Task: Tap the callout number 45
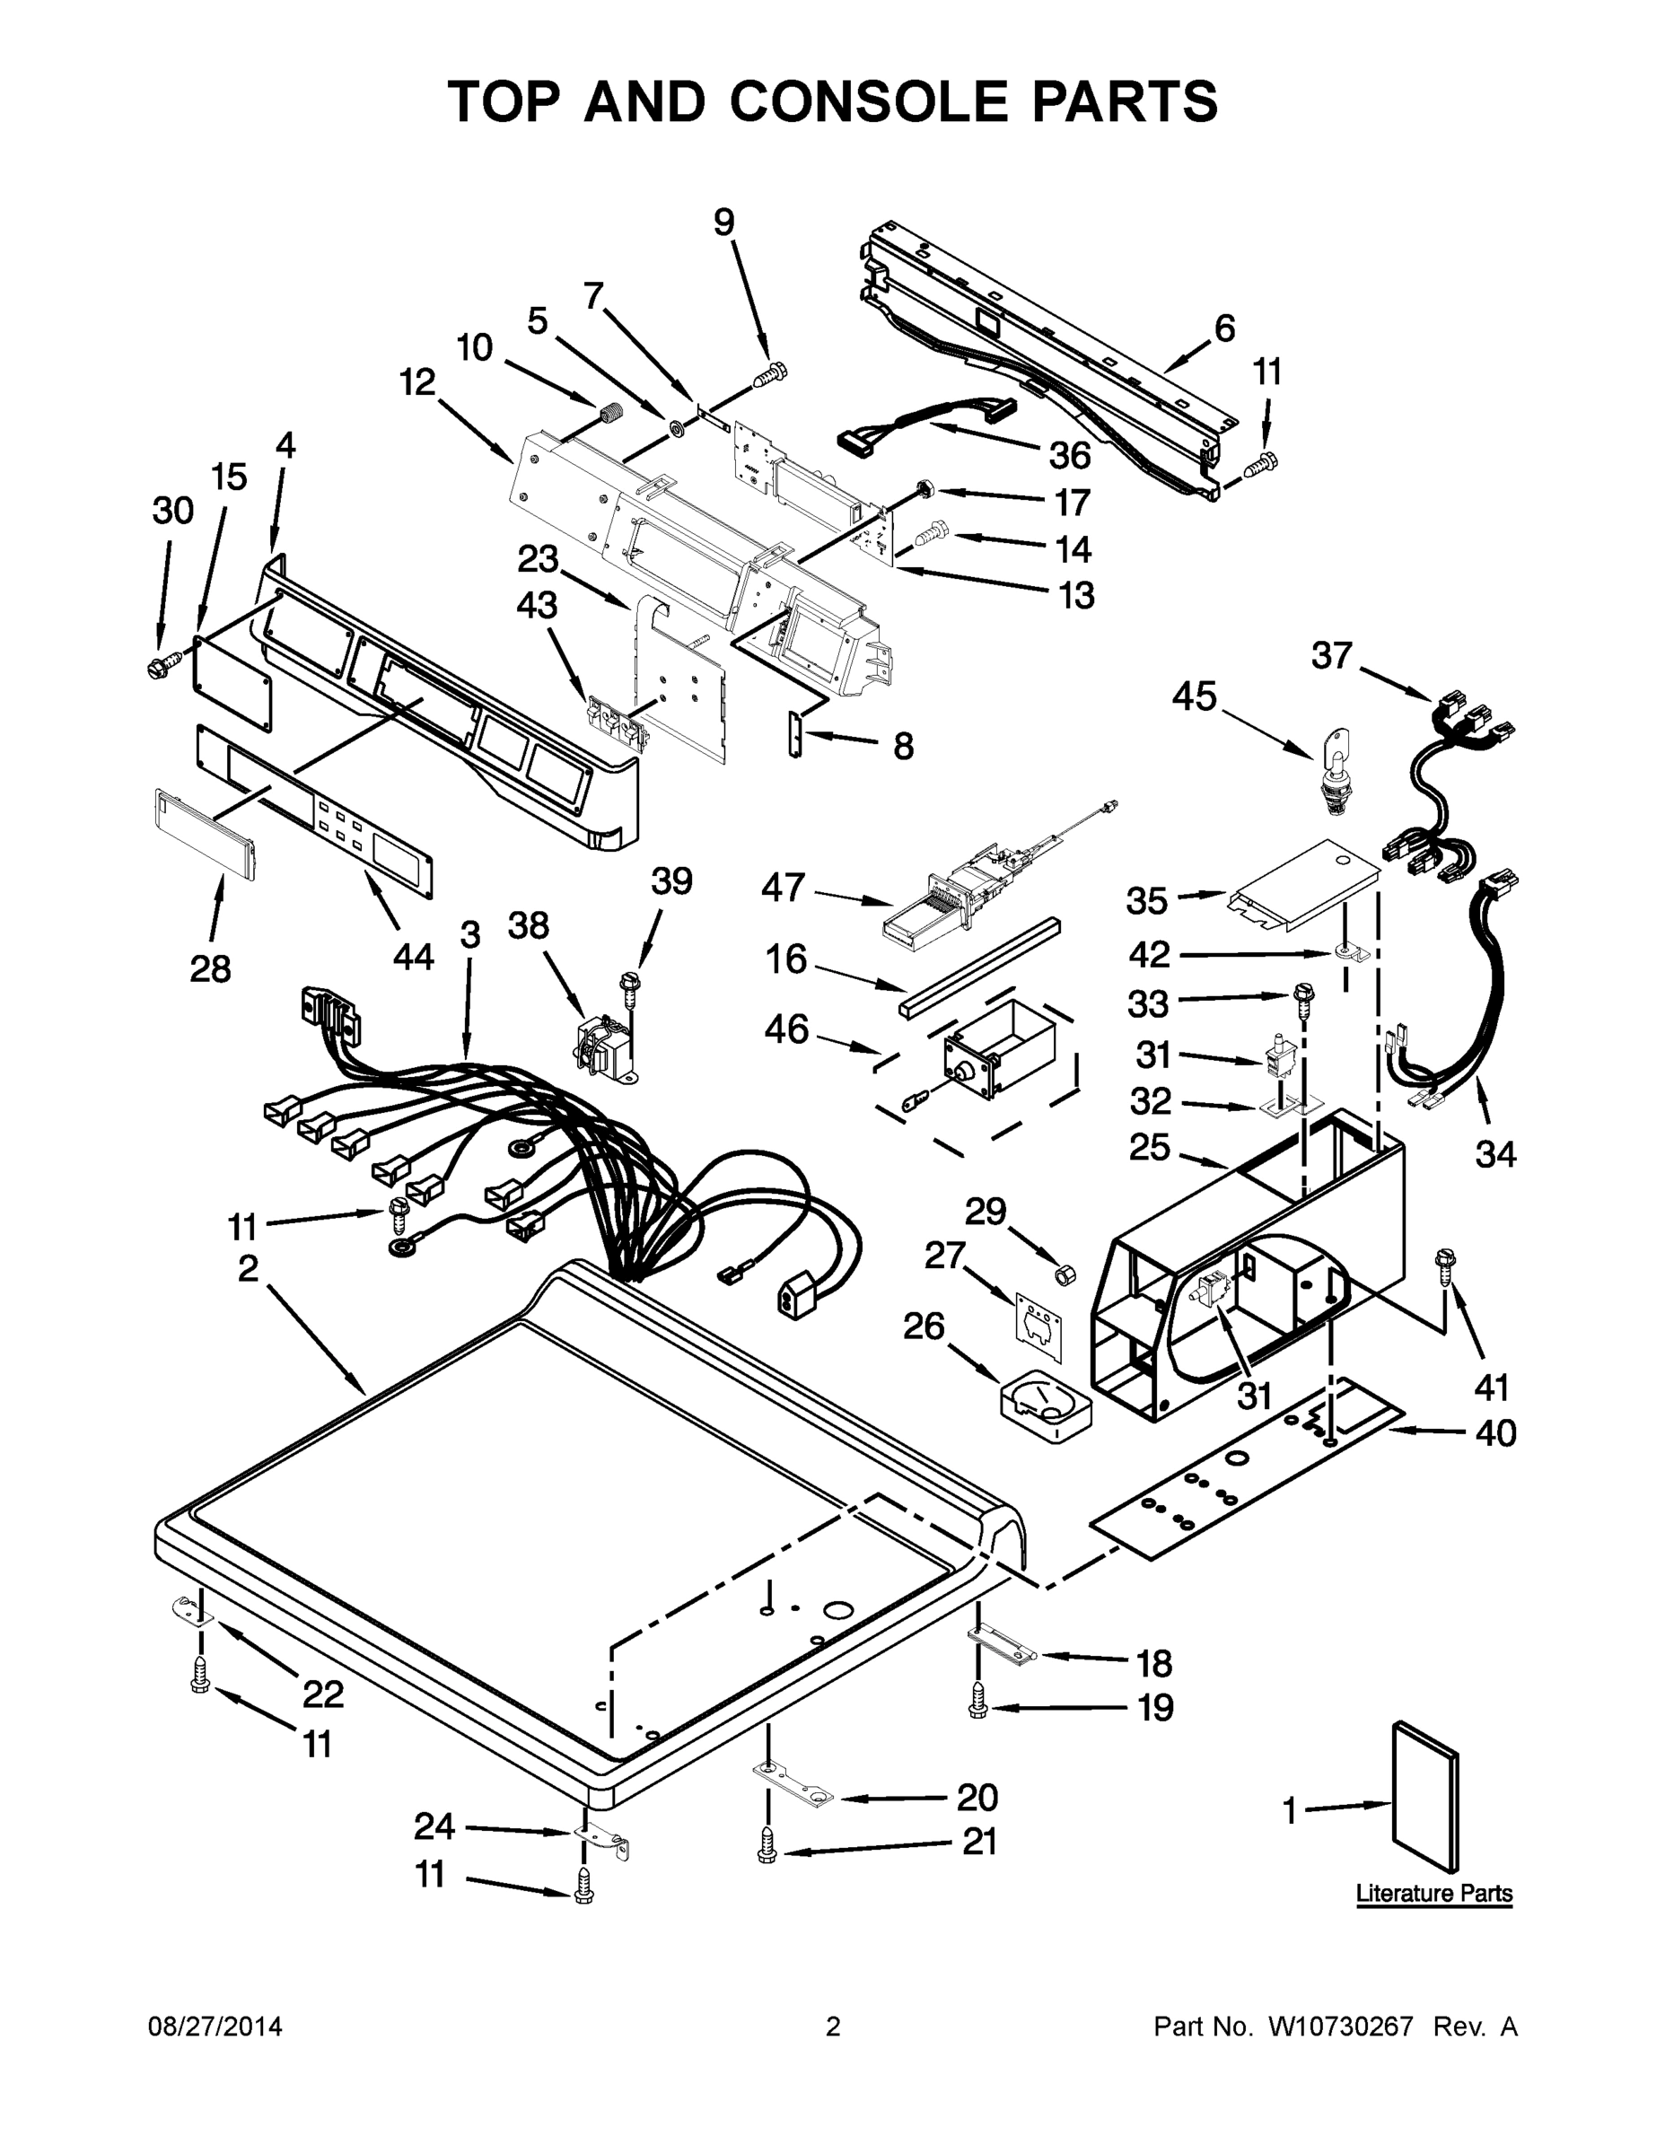click(1195, 697)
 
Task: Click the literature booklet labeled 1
click(1424, 1797)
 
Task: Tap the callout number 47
click(784, 888)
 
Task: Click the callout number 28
click(210, 969)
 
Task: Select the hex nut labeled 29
click(1065, 1275)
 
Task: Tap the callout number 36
click(1069, 456)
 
